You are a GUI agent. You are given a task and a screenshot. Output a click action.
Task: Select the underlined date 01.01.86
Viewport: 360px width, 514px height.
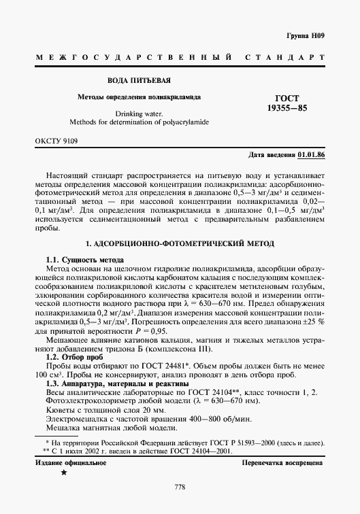[311, 156]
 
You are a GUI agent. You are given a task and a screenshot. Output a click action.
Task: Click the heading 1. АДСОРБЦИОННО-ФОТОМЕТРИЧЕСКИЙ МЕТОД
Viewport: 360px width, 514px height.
[180, 243]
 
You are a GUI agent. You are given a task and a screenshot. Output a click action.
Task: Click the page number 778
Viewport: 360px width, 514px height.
[180, 487]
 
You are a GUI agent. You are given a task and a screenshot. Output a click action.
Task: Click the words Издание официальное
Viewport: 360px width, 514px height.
[71, 463]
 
